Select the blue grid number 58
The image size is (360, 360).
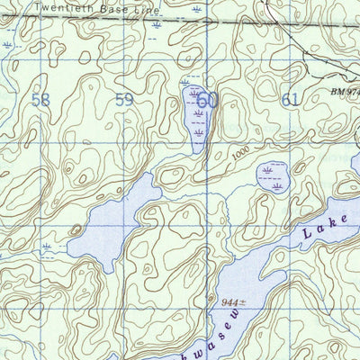pos(40,100)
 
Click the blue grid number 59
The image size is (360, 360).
pos(123,100)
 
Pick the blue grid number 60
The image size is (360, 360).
pos(208,100)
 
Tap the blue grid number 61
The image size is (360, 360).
pos(290,100)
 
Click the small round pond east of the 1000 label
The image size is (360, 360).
pos(273,177)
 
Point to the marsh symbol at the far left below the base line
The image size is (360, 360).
pos(8,44)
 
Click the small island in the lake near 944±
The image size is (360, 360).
pos(280,262)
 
